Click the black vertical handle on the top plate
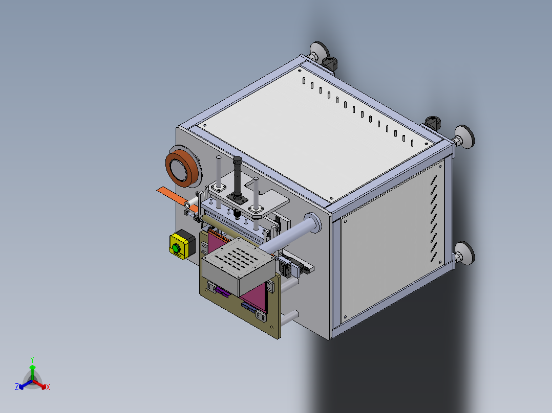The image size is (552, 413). tap(237, 176)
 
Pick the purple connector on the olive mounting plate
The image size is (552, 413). tap(222, 292)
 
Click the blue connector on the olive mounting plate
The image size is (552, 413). tap(249, 308)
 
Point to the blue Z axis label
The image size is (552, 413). tap(17, 387)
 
